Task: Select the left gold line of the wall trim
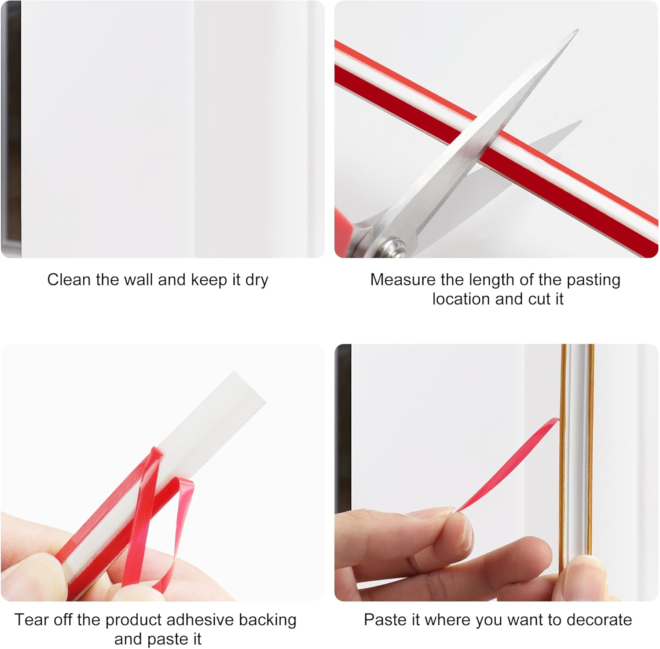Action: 563,440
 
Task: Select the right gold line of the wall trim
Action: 591,440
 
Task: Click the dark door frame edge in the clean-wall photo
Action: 10,132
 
